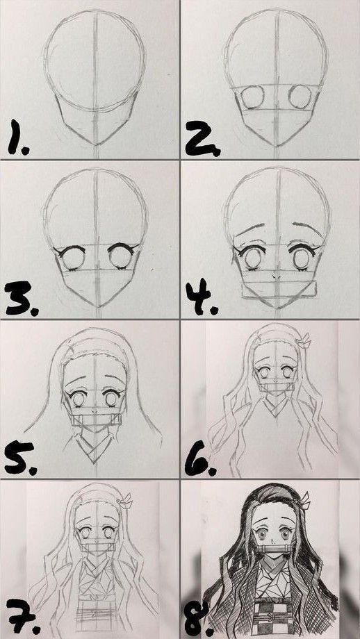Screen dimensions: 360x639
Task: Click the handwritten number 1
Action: click(x=15, y=137)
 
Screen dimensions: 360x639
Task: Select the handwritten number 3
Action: click(x=20, y=298)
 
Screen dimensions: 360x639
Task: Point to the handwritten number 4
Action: click(x=199, y=297)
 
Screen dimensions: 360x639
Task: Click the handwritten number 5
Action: click(x=19, y=458)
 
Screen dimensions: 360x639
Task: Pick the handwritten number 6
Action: click(x=199, y=459)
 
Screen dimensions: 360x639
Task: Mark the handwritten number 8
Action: click(x=197, y=620)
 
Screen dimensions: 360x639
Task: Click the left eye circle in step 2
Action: click(x=252, y=97)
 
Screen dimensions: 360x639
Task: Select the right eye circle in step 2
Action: click(x=300, y=97)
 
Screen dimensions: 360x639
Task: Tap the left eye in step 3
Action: click(x=72, y=257)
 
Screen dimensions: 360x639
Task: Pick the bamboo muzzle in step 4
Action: click(x=279, y=290)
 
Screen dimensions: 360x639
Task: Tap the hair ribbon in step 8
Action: click(x=306, y=501)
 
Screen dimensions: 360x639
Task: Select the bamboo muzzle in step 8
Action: click(x=273, y=549)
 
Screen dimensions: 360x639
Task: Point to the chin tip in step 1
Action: click(x=96, y=144)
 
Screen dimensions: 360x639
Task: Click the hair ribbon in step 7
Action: click(x=126, y=501)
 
